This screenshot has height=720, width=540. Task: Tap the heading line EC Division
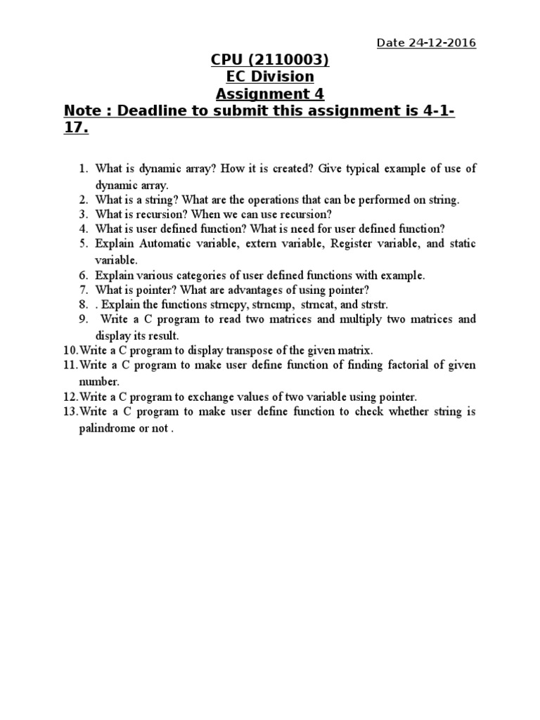[270, 77]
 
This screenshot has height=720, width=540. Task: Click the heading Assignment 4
[270, 94]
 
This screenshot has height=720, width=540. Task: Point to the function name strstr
[371, 304]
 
